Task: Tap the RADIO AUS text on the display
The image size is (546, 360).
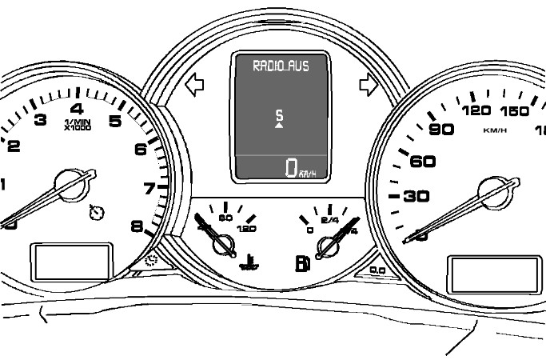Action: point(281,66)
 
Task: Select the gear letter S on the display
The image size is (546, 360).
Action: point(279,116)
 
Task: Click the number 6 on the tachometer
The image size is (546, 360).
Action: point(141,148)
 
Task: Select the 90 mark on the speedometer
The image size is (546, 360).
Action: point(441,130)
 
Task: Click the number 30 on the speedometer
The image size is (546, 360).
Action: point(415,195)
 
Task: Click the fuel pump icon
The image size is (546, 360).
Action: point(301,262)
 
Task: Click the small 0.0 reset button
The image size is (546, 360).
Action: point(377,270)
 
